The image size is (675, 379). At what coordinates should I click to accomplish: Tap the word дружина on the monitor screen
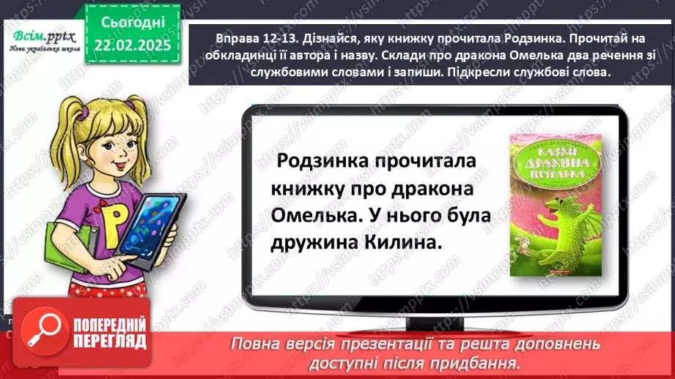tap(314, 244)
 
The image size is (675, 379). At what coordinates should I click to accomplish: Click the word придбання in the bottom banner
tap(484, 363)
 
